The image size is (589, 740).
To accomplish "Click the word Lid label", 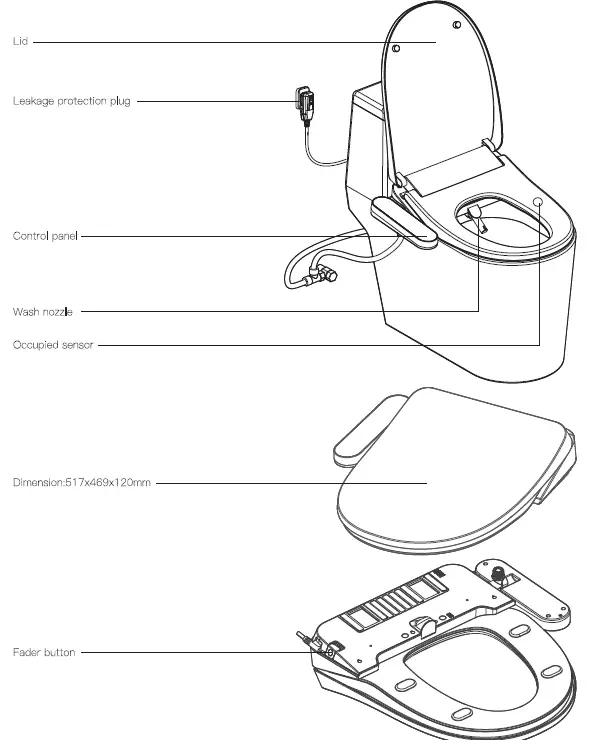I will pos(19,43).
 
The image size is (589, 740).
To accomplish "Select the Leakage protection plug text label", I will pos(71,101).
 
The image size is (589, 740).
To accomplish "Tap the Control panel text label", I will pos(45,236).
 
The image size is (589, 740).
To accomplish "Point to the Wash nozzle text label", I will pos(42,312).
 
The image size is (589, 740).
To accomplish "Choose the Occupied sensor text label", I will pos(53,345).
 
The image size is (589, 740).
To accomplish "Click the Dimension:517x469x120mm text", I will pos(81,483).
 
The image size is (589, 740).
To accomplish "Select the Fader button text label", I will pos(43,653).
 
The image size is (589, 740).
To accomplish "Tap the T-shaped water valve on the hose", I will pos(321,273).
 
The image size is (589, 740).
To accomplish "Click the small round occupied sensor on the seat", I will pos(538,202).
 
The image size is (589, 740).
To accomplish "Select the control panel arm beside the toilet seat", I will pos(405,222).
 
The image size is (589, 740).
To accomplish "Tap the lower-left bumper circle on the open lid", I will pos(396,48).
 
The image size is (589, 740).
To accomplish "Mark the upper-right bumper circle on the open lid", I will pos(457,24).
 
